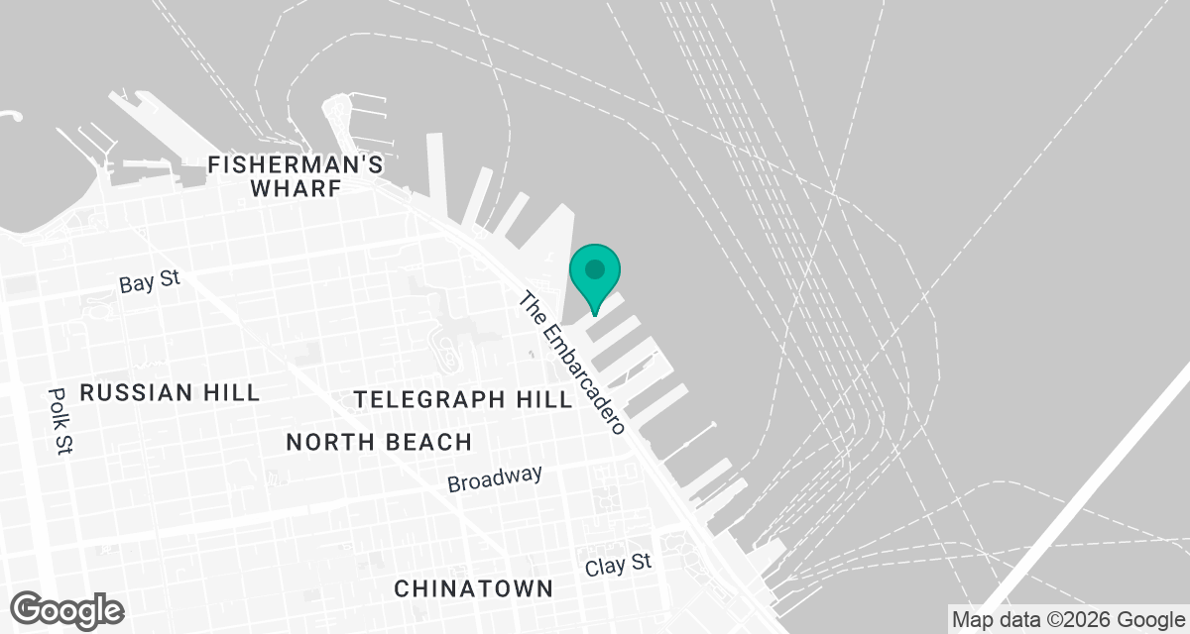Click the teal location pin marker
coord(595,277)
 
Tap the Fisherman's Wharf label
coord(296,176)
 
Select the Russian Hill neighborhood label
coord(170,392)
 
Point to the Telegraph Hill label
coord(464,399)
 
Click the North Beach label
coord(379,442)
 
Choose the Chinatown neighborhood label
coord(473,588)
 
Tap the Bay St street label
coord(150,281)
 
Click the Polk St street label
coord(59,420)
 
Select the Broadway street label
coord(495,478)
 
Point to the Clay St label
coord(618,565)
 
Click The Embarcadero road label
coord(574,364)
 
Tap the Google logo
coord(67,609)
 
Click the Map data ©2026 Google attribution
coord(1067,620)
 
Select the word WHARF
coord(296,188)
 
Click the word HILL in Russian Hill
coord(230,392)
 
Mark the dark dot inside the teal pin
coord(595,268)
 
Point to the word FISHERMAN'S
coord(296,164)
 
